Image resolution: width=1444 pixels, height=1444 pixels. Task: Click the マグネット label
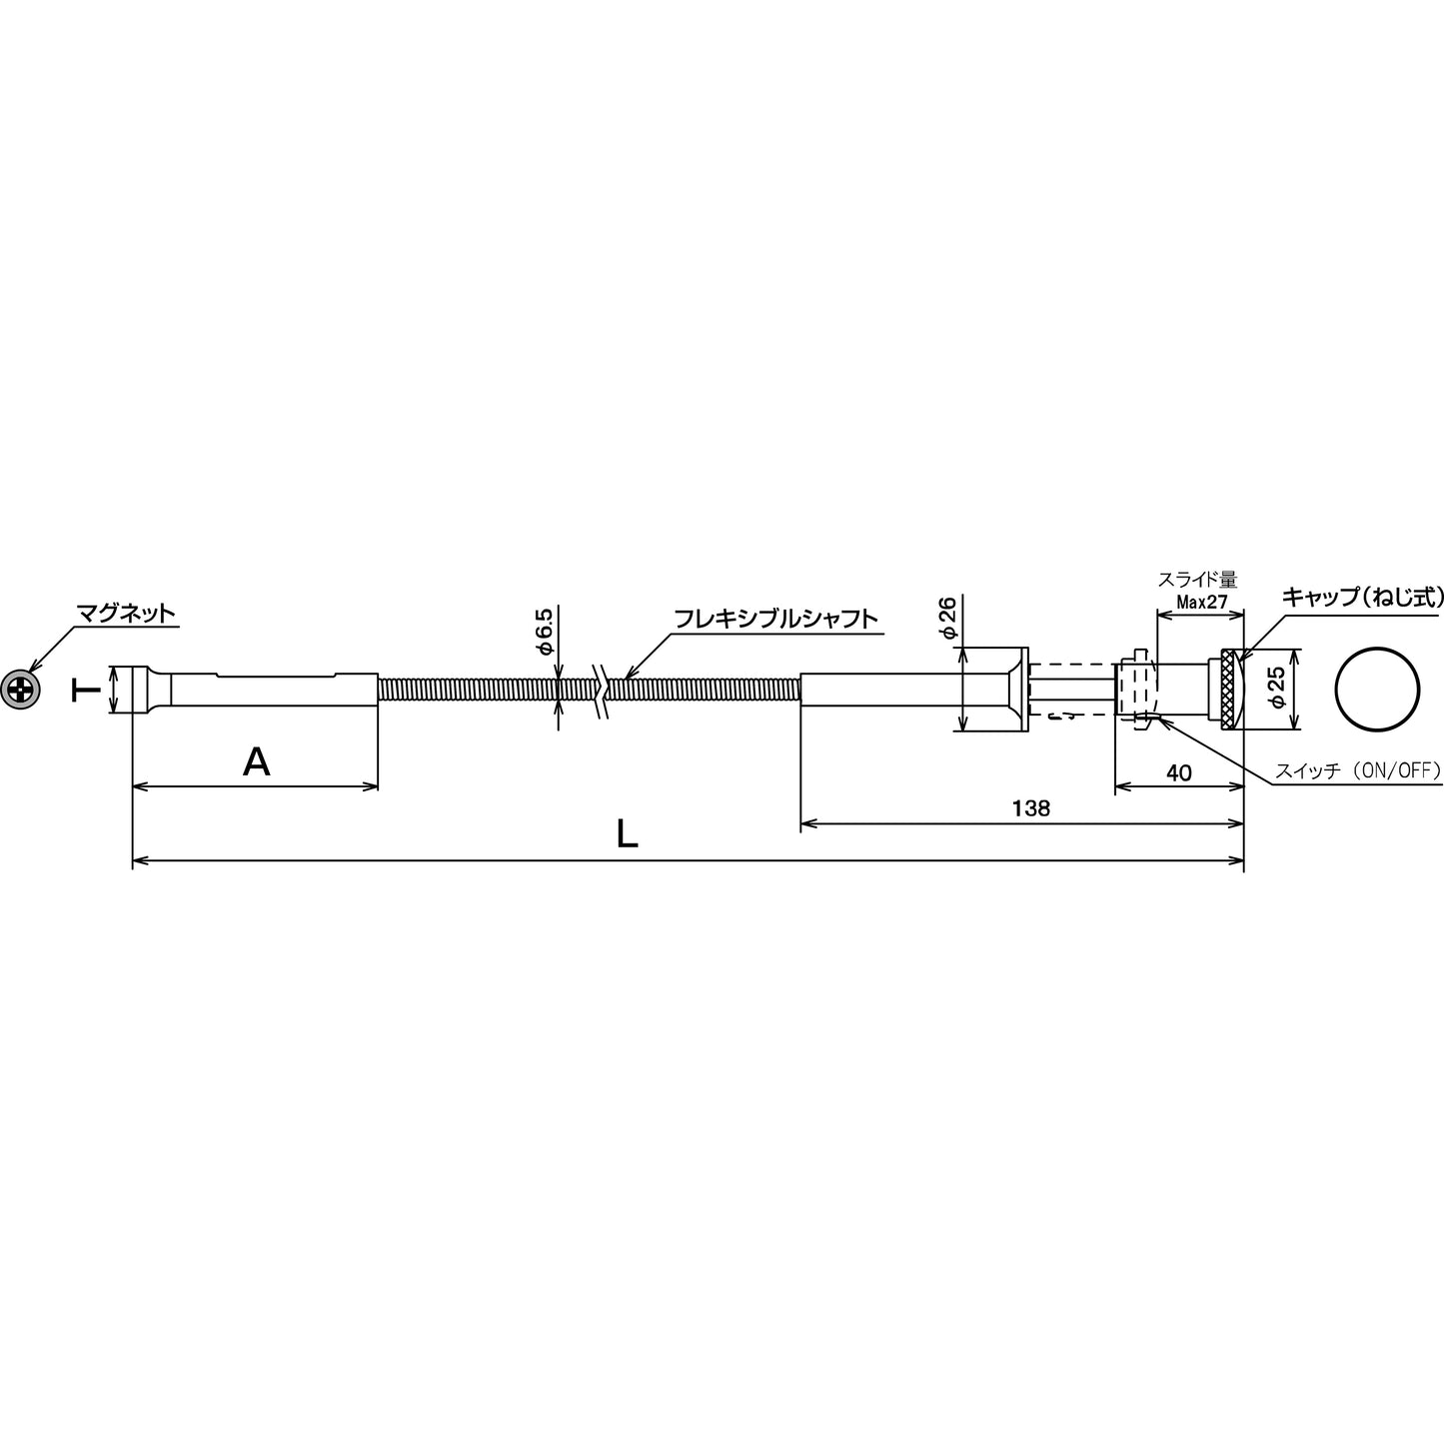coord(126,614)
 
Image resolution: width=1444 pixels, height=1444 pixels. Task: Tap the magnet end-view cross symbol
coord(20,690)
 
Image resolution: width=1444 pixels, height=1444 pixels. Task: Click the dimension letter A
coord(256,762)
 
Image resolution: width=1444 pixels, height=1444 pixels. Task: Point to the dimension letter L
coord(628,833)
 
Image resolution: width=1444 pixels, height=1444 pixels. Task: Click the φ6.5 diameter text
coord(545,632)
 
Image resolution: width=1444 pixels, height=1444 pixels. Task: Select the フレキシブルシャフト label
coord(775,619)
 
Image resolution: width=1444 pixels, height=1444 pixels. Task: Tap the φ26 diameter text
coord(948,618)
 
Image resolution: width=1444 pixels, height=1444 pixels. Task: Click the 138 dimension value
coord(1031,808)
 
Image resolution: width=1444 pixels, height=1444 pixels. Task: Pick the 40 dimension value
coord(1179,772)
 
